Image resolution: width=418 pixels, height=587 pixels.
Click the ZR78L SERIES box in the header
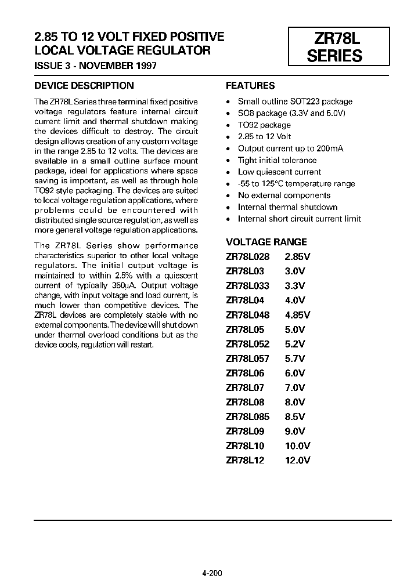338,47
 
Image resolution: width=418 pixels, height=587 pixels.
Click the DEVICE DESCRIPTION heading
84,85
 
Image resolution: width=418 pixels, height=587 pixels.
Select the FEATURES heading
250,85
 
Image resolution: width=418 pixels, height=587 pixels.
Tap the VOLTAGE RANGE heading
266,242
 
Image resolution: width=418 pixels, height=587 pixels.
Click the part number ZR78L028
249,257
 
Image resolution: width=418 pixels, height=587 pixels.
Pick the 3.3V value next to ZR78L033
295,286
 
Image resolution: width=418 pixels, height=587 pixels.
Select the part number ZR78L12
244,460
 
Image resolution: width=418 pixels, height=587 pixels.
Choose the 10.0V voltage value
297,445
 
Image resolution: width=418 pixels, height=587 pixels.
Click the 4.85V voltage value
297,315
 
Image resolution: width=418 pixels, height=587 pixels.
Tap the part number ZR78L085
249,416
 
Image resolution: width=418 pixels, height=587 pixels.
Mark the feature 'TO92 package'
264,125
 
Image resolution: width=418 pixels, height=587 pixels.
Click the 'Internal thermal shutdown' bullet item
287,207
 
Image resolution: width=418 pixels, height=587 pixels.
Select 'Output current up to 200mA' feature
290,148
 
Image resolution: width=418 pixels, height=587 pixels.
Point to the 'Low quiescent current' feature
279,172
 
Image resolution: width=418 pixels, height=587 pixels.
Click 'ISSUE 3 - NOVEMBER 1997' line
95,66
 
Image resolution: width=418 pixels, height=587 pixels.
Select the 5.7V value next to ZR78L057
295,358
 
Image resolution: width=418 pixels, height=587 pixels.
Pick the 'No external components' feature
284,195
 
